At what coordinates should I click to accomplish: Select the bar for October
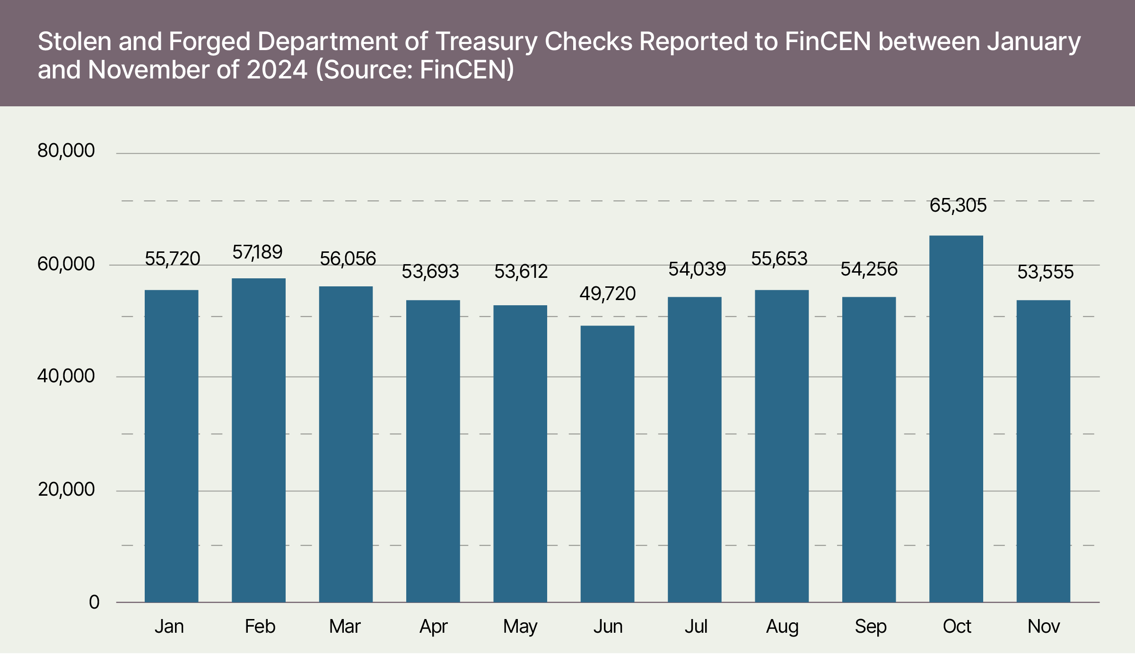(x=956, y=419)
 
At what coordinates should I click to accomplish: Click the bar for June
(x=607, y=464)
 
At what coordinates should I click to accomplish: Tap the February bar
(x=259, y=440)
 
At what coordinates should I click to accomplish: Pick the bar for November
(x=1043, y=451)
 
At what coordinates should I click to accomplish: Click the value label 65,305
(x=958, y=206)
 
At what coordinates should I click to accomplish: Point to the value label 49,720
(x=608, y=294)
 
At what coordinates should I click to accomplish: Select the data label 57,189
(x=257, y=252)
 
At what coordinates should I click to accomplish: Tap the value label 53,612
(x=521, y=272)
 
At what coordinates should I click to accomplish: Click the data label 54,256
(x=869, y=269)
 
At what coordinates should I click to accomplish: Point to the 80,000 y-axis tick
(x=66, y=151)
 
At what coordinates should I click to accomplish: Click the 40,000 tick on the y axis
(x=66, y=376)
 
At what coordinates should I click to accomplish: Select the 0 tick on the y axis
(x=94, y=602)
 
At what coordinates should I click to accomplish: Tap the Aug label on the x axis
(x=782, y=627)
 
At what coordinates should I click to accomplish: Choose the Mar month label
(x=345, y=627)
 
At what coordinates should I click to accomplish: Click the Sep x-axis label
(x=870, y=627)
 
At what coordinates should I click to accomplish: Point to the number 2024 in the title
(x=277, y=70)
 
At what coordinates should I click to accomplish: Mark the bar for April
(x=433, y=451)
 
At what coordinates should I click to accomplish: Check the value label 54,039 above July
(x=697, y=269)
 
